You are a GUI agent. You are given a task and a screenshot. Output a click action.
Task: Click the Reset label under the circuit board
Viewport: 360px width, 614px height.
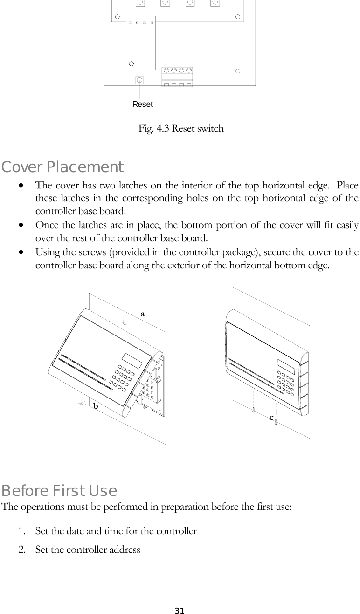point(142,105)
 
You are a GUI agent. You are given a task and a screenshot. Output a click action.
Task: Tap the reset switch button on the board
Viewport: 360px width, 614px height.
point(139,80)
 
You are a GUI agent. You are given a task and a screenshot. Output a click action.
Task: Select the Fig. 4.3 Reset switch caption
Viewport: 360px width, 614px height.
point(181,128)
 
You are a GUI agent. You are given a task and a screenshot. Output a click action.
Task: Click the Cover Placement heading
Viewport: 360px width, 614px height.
point(62,167)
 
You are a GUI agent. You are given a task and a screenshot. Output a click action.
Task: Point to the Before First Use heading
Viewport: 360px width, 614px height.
point(59,491)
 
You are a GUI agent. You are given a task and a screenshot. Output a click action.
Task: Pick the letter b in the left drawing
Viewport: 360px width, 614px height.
point(95,406)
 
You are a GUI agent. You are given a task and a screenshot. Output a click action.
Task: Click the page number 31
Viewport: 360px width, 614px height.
point(180,610)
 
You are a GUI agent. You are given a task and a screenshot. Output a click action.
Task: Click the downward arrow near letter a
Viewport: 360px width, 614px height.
point(125,322)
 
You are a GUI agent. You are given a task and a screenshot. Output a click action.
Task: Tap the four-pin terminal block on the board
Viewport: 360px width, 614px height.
point(177,77)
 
